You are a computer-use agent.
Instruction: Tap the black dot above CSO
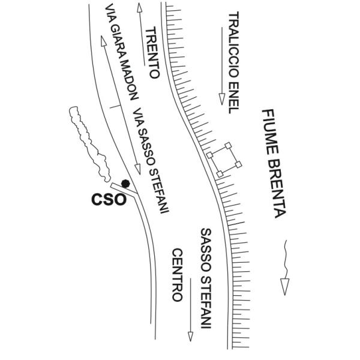125,183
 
